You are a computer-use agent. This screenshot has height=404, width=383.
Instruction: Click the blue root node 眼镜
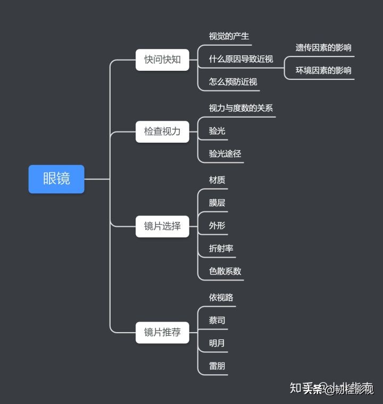pos(56,179)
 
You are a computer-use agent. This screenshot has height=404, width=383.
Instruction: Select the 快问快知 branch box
pos(162,60)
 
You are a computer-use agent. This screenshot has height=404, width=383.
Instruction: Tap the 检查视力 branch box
pos(162,131)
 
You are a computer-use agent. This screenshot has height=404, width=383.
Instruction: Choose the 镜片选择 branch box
pos(162,226)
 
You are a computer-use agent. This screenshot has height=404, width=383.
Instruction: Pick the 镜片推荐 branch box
pos(162,332)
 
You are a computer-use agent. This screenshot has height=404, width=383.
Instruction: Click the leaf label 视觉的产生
pos(229,36)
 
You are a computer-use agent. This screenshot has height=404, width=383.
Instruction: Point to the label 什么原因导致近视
pos(240,59)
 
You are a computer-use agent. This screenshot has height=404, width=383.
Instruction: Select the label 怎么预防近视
pos(233,82)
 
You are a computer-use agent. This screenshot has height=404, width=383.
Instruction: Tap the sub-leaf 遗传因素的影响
pos(323,47)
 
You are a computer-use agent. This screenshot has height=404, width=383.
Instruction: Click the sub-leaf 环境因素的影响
pos(323,70)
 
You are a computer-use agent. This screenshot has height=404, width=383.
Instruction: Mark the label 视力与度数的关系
pos(241,108)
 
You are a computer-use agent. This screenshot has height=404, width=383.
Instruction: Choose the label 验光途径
pos(225,153)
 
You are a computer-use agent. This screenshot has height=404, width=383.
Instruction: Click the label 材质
pos(217,180)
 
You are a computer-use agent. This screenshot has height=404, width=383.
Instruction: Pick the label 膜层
pos(217,203)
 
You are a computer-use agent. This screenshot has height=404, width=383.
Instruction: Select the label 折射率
pos(221,248)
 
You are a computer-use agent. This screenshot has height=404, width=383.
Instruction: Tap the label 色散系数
pos(225,271)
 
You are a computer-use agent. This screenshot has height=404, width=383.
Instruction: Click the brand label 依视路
pos(221,298)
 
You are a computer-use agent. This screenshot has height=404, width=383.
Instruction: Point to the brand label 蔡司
pos(217,320)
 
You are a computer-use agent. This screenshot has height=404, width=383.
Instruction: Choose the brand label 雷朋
pos(217,366)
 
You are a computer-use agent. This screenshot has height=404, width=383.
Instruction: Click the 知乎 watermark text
pos(299,388)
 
